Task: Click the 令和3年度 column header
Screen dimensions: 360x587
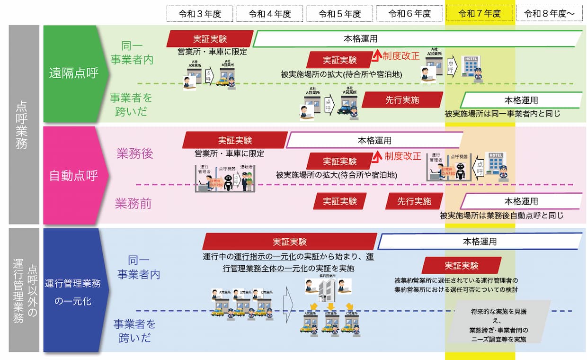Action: point(200,14)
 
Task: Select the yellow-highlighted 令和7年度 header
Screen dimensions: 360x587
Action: point(480,14)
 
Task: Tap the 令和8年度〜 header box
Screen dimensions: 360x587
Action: point(549,14)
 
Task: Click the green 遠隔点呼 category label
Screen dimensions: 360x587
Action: point(74,73)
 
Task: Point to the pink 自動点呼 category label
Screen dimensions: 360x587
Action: point(74,176)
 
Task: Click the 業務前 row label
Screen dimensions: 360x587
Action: point(133,204)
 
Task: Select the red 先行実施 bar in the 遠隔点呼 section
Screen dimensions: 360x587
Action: point(402,100)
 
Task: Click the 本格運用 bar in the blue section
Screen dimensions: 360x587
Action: point(479,242)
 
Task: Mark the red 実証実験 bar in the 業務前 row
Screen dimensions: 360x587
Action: point(340,201)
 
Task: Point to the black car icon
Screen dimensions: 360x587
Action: point(347,110)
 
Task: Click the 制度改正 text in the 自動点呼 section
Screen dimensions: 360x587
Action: point(402,156)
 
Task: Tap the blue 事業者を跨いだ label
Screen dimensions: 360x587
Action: point(134,331)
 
